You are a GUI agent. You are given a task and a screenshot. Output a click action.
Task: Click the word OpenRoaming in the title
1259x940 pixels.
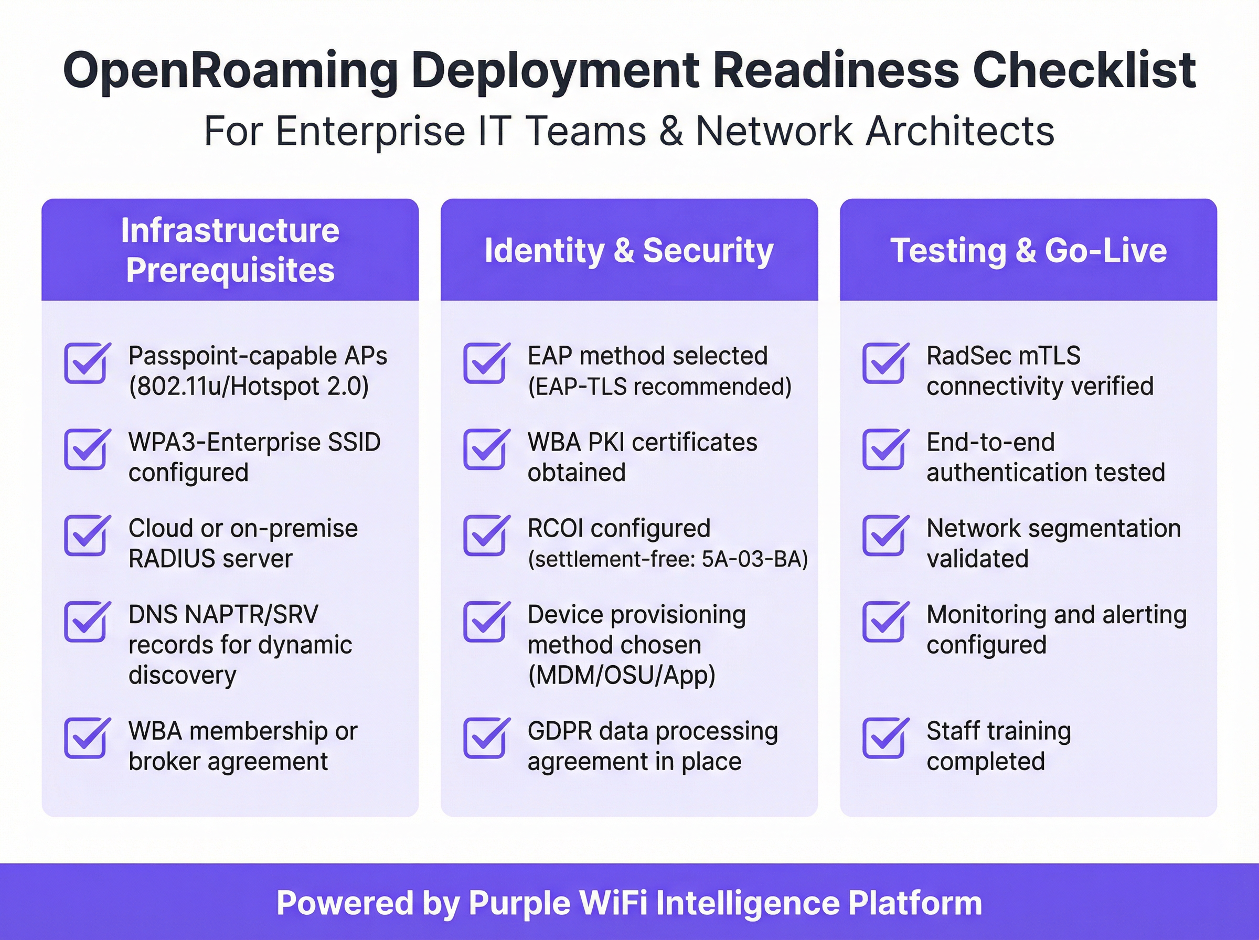click(230, 72)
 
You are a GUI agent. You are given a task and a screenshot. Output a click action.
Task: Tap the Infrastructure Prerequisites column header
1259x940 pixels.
click(230, 250)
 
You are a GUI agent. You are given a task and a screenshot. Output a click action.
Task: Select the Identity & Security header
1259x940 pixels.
click(628, 250)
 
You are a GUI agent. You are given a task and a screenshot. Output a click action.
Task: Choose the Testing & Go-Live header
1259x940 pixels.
click(1028, 250)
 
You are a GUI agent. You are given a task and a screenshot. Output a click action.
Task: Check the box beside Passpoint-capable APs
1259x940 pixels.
click(86, 363)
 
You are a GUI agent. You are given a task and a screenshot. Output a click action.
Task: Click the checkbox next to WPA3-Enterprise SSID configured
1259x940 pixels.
click(86, 450)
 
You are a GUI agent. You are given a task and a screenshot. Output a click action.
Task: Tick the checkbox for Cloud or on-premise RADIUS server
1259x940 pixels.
click(86, 536)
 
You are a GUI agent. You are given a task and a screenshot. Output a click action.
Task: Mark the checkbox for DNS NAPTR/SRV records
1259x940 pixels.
click(86, 622)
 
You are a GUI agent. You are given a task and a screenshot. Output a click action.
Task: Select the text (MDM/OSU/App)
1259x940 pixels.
click(621, 676)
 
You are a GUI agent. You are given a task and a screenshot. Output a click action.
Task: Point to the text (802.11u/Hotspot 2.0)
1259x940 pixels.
click(249, 387)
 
